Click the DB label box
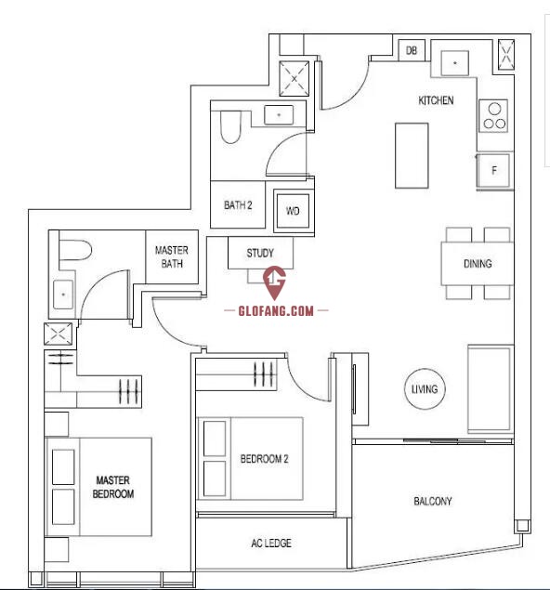[412, 50]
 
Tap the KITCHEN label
[436, 100]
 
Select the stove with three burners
[493, 116]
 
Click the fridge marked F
[493, 170]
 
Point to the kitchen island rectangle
[412, 155]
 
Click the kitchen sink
[455, 63]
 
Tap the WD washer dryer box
[293, 211]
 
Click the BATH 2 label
[238, 205]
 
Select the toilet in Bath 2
[230, 126]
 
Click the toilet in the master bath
[75, 250]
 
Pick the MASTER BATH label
[172, 257]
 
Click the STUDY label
[260, 254]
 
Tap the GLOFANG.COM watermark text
[276, 311]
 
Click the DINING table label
[478, 263]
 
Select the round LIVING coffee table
[425, 389]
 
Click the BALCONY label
[433, 501]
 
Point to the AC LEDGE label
[271, 543]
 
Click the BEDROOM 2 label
[265, 459]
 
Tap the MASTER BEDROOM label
[113, 487]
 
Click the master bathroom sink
[63, 295]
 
